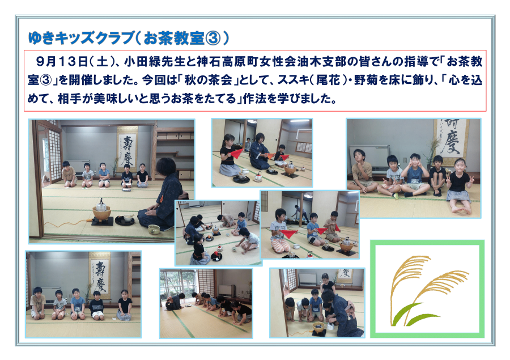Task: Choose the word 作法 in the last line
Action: (x=254, y=99)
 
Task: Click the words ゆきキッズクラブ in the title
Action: (x=81, y=39)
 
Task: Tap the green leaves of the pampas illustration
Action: (x=413, y=315)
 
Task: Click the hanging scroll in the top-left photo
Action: (x=127, y=149)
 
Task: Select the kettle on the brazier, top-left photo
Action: (x=101, y=205)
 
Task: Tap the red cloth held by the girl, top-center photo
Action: (x=236, y=153)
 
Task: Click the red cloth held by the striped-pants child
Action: (x=288, y=233)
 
